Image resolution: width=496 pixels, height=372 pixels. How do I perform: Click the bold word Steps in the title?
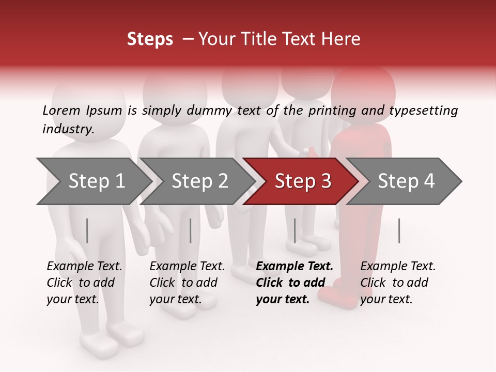click(150, 39)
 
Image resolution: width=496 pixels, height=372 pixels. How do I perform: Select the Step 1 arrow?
click(93, 181)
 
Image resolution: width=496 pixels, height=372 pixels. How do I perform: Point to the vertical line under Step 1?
click(87, 230)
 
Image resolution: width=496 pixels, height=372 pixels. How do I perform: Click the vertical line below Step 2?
click(191, 230)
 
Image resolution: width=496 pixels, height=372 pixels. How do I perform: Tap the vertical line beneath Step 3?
click(295, 230)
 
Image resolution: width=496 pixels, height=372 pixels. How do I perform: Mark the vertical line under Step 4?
click(399, 230)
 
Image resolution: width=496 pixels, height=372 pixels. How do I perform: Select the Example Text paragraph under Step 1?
click(84, 283)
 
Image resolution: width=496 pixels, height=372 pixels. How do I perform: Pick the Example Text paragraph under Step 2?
click(187, 283)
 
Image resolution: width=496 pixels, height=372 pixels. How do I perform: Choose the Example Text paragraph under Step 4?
click(398, 283)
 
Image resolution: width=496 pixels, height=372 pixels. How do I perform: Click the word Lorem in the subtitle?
click(61, 110)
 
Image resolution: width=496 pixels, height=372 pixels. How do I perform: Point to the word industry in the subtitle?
click(68, 129)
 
